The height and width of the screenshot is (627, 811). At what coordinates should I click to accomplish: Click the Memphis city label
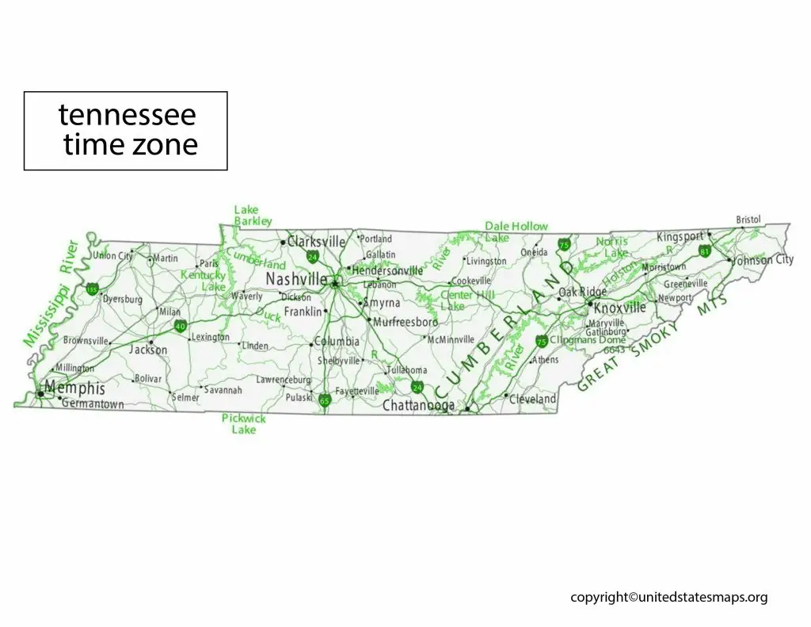(x=75, y=388)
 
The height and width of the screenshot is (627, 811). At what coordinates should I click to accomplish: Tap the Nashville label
(x=296, y=279)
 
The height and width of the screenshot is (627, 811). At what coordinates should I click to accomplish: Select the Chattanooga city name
(x=418, y=405)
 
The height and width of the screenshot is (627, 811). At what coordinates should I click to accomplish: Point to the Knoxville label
(x=619, y=307)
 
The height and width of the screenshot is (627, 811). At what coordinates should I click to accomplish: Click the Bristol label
(x=748, y=220)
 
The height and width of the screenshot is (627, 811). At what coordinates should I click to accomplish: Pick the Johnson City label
(x=763, y=260)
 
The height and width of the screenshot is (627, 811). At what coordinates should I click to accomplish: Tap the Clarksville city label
(x=316, y=241)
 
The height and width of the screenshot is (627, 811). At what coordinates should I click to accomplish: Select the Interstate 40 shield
(x=180, y=326)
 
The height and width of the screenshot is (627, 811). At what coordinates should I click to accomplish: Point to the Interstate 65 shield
(x=324, y=400)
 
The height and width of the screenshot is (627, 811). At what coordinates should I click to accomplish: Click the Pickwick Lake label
(x=244, y=423)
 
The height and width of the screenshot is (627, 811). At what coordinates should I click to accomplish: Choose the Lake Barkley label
(x=253, y=216)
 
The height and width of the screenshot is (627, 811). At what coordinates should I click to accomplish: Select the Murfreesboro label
(x=405, y=322)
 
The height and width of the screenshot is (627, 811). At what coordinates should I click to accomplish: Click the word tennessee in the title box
(x=127, y=116)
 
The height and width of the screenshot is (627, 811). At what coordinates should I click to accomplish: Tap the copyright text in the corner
(x=668, y=598)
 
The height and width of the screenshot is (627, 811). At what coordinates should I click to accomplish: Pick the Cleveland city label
(x=532, y=399)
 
